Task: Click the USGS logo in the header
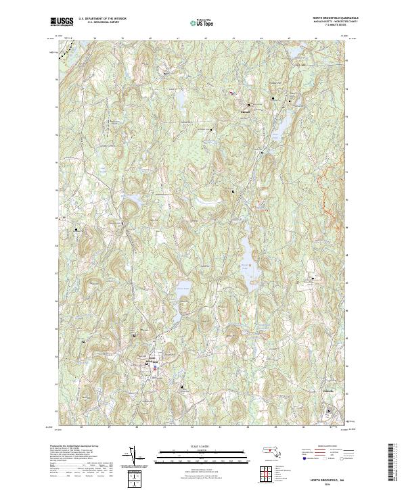62,22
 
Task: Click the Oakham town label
247,111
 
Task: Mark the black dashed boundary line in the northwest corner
64,46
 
